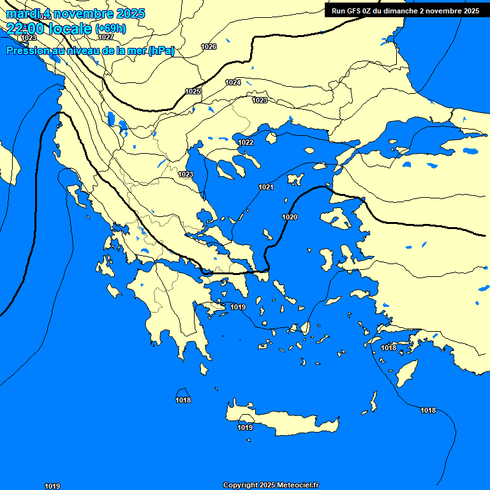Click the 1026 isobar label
tap(209, 47)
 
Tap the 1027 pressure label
tap(106, 37)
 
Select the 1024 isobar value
tap(233, 82)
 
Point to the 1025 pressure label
tap(193, 91)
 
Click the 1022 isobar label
tap(246, 142)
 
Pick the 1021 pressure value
tap(266, 187)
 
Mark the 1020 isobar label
tap(290, 218)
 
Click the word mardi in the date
tap(22, 13)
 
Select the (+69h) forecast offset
tap(110, 29)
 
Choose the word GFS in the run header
tap(353, 11)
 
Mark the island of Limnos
tap(295, 179)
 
